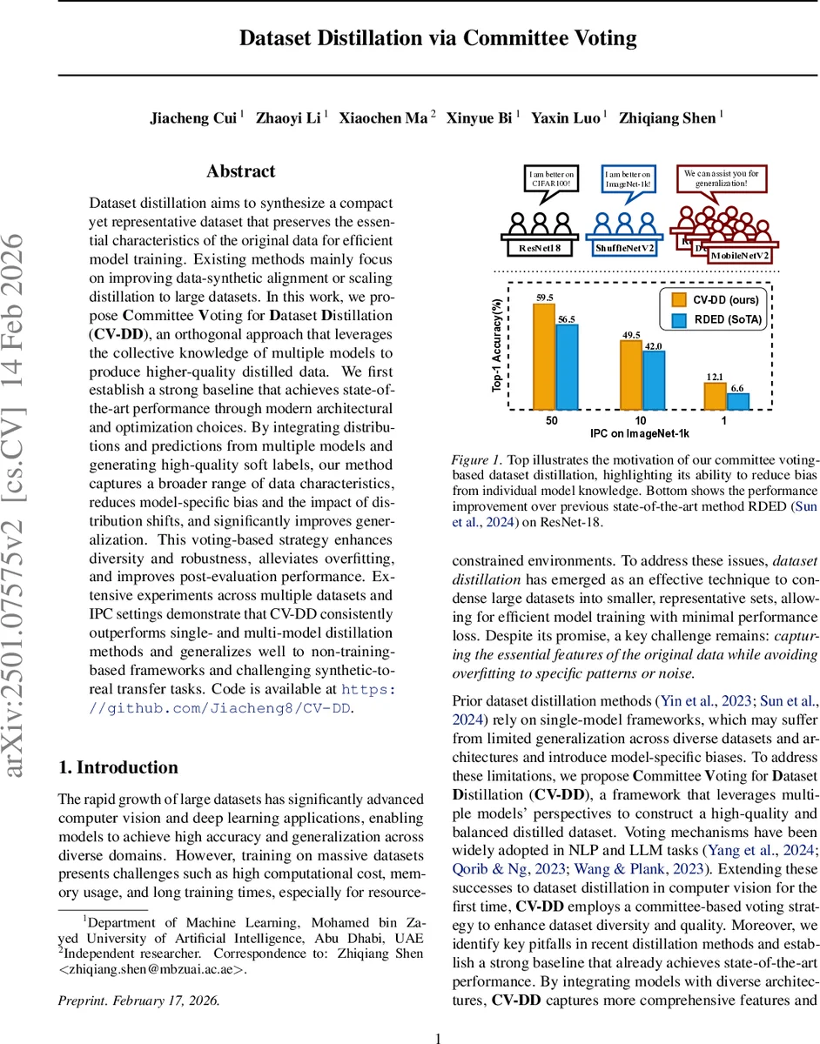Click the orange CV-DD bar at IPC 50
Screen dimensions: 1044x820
[544, 357]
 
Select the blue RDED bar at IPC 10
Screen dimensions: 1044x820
[653, 380]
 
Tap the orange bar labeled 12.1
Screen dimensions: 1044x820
[714, 396]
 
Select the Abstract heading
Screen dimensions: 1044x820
[241, 171]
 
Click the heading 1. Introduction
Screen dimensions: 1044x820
[118, 767]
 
